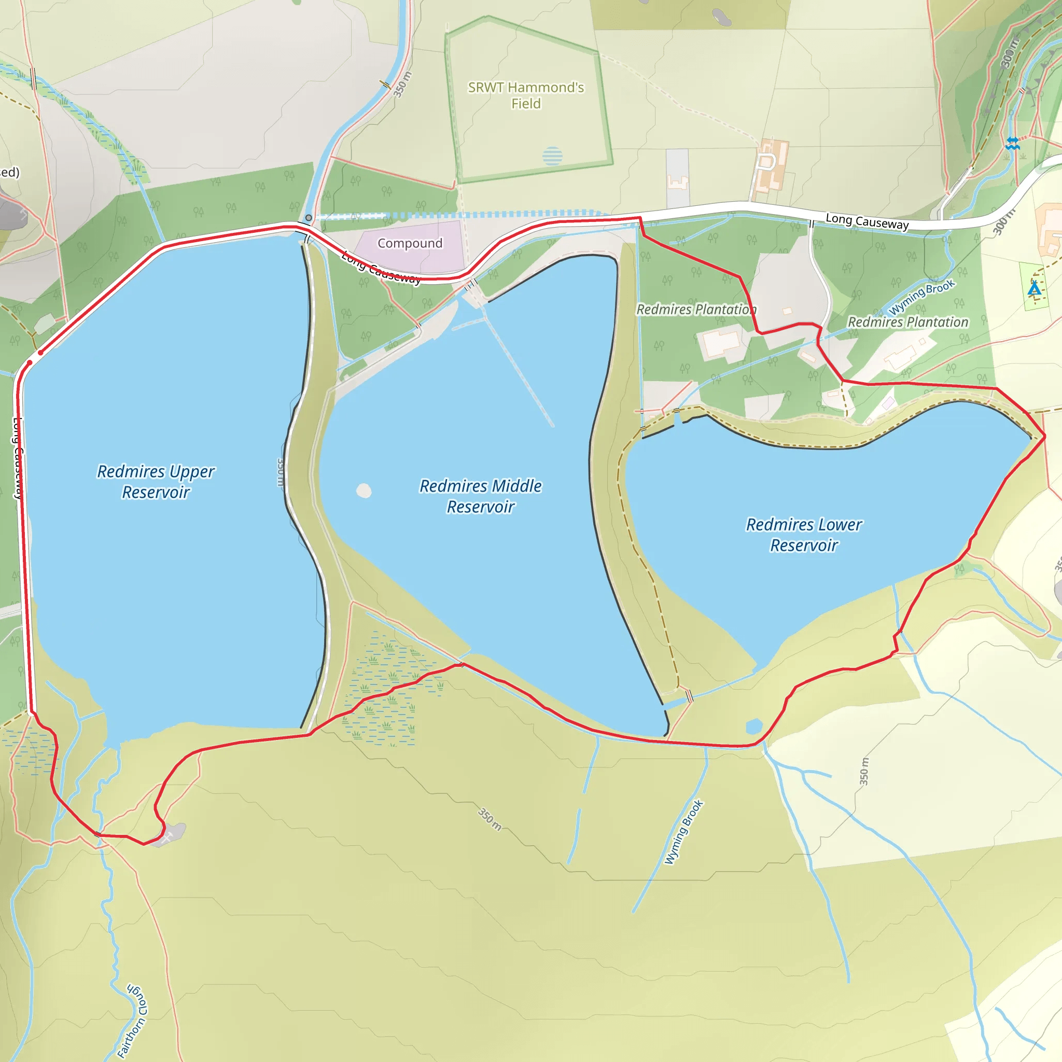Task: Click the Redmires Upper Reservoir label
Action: [156, 482]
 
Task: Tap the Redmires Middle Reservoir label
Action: [480, 496]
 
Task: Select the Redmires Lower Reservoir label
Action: [804, 534]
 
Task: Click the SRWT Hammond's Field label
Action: [526, 95]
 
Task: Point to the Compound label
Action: [410, 243]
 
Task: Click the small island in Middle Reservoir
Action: [364, 491]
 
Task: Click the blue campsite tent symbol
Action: [1035, 288]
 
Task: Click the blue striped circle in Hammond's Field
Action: [552, 156]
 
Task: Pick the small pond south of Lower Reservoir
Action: [753, 726]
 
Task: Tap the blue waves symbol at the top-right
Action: [1013, 144]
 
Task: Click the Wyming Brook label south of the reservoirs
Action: [684, 832]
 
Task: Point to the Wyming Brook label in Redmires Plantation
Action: [921, 297]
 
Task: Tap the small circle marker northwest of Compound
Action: [309, 218]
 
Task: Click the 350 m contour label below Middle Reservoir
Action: [489, 819]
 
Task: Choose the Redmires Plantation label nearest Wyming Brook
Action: [907, 322]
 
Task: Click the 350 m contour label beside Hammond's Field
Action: [402, 85]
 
